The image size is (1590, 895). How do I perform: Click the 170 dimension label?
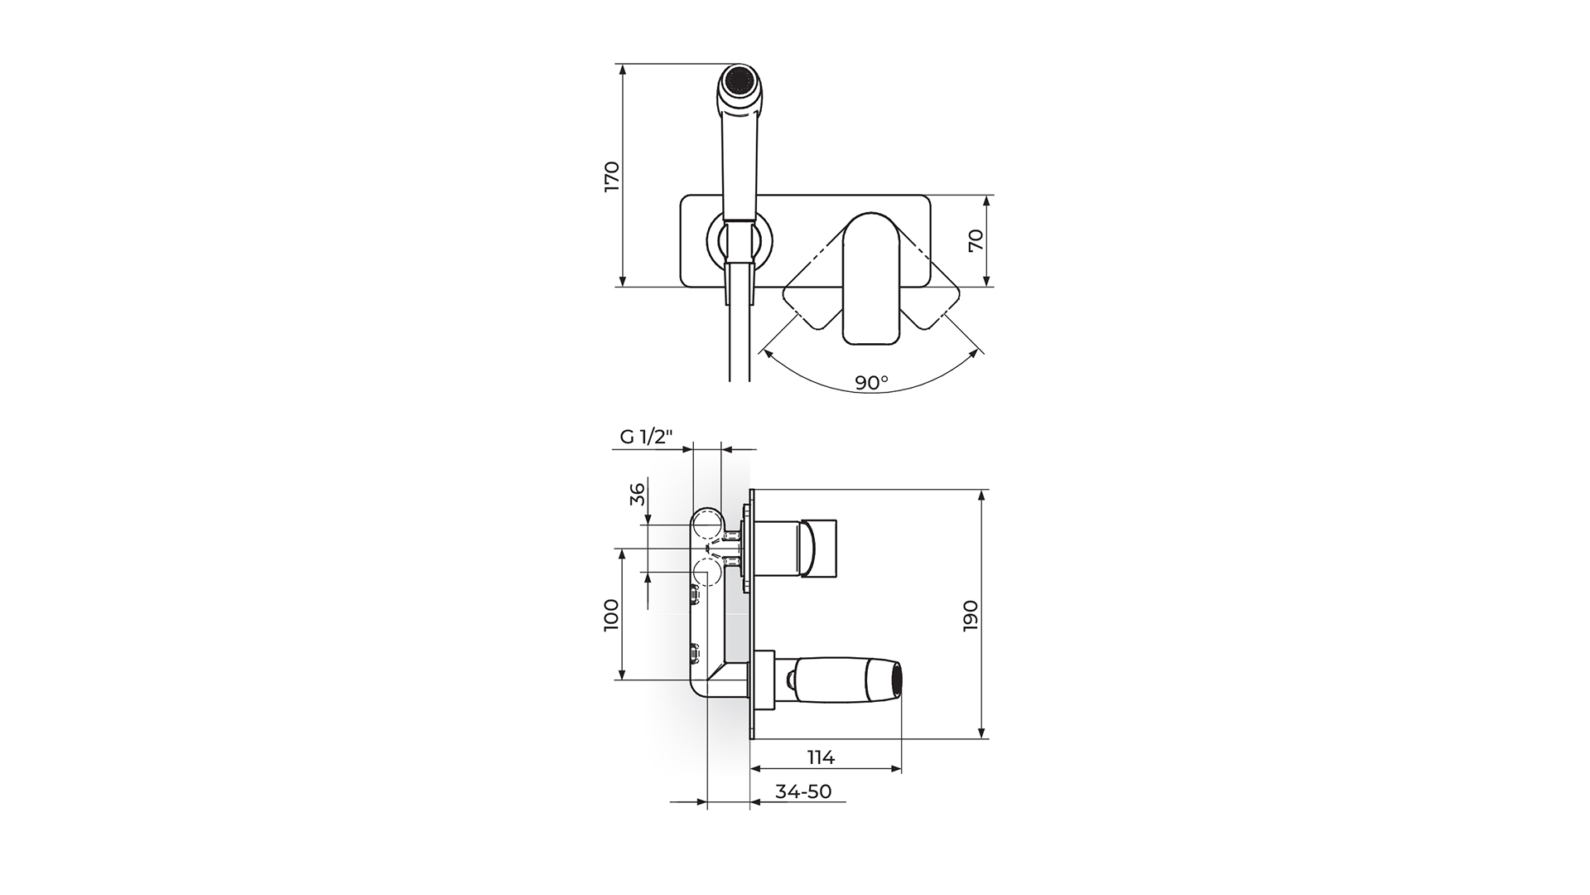[x=611, y=176]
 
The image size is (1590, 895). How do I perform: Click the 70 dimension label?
[x=976, y=240]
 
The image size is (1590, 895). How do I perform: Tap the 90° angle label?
[x=871, y=382]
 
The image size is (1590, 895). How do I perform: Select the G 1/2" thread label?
[x=647, y=436]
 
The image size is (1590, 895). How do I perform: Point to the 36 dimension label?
[x=637, y=495]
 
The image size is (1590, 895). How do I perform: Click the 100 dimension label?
[x=611, y=615]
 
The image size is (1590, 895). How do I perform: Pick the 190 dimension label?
[x=971, y=617]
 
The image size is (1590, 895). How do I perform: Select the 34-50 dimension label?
[x=803, y=791]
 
